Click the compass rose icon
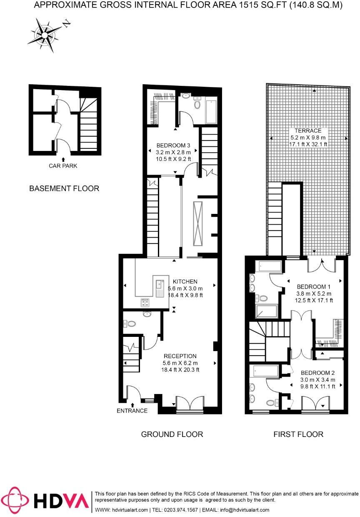point(44,34)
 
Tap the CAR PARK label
point(62,166)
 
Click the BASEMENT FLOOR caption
point(64,188)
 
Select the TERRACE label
point(308,131)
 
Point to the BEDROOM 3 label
point(173,146)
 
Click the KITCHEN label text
point(185,281)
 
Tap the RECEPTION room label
point(180,356)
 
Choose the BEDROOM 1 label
point(313,287)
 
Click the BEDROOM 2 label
point(318,373)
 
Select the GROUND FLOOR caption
point(172,434)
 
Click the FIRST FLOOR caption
point(298,434)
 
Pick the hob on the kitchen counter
point(145,302)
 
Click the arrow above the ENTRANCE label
point(132,404)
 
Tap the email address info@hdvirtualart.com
point(245,510)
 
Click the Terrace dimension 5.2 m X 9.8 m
point(308,137)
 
